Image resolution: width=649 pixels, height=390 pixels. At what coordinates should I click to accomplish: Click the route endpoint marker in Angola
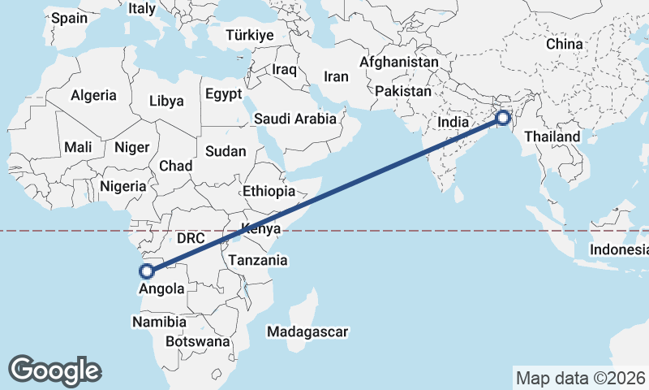coord(147,271)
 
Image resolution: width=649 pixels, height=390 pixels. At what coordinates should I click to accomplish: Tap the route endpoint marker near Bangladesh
coord(503,118)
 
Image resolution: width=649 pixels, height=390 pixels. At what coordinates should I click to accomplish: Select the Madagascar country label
coord(307,331)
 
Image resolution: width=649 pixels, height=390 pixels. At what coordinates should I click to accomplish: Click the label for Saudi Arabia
coord(294,119)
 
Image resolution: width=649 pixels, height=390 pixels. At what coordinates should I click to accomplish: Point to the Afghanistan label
coord(398,62)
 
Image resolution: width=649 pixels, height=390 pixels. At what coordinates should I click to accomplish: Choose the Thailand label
coord(552,136)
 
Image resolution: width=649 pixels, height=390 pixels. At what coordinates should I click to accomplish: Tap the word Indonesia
coord(618,249)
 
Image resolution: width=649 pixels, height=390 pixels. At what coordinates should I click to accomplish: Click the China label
coord(564,44)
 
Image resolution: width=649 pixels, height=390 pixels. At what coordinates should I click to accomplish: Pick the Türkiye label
coord(250,35)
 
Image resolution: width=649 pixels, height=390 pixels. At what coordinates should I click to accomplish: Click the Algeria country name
coord(93,95)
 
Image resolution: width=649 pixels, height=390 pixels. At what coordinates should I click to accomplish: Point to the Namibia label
coord(158,322)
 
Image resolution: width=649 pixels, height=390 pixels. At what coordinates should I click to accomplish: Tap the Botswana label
coord(197,342)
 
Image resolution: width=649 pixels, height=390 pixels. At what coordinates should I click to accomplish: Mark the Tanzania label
coord(258,261)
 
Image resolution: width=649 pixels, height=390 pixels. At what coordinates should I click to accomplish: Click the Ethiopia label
coord(269,192)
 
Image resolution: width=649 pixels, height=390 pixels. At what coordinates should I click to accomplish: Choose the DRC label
coord(191,239)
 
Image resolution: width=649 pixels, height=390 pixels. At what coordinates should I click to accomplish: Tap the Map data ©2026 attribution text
coord(579,377)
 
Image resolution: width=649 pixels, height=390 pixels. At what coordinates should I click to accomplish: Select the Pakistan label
coord(403,91)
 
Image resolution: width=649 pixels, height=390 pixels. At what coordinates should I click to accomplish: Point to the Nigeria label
coord(122,186)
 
